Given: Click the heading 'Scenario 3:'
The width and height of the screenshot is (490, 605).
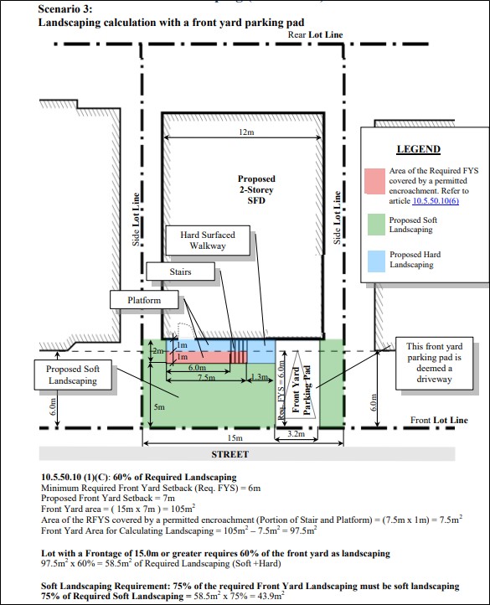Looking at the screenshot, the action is (x=65, y=8).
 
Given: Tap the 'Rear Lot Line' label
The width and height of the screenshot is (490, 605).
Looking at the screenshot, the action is (x=315, y=34).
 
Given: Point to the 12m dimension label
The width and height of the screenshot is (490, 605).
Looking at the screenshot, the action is (x=246, y=132).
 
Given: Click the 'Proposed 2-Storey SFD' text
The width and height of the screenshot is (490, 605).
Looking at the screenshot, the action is (x=256, y=189).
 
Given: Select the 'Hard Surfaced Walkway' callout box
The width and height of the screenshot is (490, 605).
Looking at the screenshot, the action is (x=208, y=240).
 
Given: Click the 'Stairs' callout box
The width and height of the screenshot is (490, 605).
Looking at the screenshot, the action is (x=180, y=271).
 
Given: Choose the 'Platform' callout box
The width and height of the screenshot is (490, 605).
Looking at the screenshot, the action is (x=144, y=300).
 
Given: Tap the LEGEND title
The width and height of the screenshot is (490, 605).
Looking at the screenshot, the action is (x=419, y=149).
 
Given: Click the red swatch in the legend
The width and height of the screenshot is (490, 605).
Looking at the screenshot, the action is (x=374, y=181).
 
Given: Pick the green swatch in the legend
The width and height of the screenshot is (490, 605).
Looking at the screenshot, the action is (x=376, y=225).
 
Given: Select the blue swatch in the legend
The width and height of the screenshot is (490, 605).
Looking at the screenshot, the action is (x=376, y=261).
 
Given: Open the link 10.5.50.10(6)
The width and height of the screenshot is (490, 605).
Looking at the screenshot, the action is (x=436, y=200).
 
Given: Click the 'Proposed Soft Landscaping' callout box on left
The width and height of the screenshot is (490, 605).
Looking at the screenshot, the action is (x=73, y=375).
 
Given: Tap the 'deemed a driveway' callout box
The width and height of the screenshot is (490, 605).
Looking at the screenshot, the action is (x=434, y=363).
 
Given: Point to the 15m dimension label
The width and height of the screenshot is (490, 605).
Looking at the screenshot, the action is (x=235, y=438).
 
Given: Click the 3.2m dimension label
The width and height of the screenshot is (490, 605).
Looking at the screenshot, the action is (x=296, y=434).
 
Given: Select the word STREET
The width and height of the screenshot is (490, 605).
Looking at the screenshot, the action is (x=230, y=454).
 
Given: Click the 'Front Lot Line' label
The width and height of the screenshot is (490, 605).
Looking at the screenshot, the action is (x=439, y=420).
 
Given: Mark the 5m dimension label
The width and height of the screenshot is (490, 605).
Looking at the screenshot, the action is (x=159, y=406).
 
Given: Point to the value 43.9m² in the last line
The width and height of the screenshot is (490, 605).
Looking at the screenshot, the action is (x=271, y=595).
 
